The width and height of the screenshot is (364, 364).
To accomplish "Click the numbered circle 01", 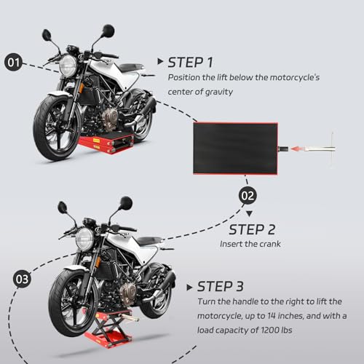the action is tap(13, 62).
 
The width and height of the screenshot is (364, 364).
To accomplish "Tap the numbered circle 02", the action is tap(248, 196).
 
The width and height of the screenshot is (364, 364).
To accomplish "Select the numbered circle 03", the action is tap(22, 279).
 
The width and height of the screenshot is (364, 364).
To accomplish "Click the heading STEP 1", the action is tap(190, 63).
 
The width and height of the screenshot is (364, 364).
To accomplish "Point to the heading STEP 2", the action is tap(252, 229).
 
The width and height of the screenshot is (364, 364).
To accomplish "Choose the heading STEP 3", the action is tap(220, 286).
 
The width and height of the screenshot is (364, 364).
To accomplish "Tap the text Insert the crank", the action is tap(250, 244).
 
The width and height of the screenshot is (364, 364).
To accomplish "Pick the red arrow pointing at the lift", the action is tap(298, 149).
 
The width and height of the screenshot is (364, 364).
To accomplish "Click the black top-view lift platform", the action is tap(235, 149).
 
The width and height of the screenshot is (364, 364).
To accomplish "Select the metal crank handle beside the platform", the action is tap(320, 149).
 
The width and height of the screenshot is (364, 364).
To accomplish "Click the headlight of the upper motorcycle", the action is tap(68, 66).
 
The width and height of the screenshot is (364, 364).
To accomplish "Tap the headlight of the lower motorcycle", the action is tap(84, 239).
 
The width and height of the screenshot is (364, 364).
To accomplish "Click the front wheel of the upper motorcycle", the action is tap(56, 128).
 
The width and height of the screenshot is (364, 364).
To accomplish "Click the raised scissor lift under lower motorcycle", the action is tap(108, 328).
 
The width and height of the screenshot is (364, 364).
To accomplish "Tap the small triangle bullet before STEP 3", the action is tap(189, 288).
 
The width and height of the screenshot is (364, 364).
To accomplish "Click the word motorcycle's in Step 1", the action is tap(295, 78).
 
